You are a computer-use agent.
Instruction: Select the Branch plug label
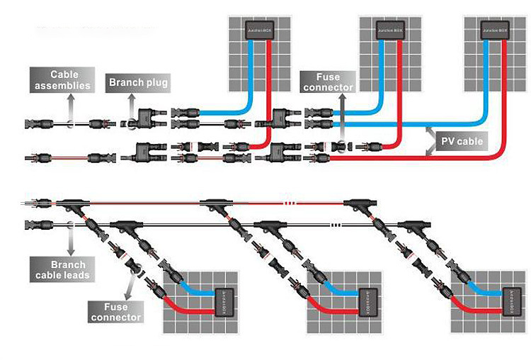(x=138, y=83)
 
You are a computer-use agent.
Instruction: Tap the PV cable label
(x=462, y=141)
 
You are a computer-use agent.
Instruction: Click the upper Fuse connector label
(x=328, y=82)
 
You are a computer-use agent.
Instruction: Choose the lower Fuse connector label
(x=116, y=312)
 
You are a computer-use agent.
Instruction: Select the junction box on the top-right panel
(x=494, y=30)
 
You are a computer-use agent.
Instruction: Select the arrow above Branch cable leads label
(x=71, y=238)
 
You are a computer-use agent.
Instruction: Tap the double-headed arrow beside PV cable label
(x=429, y=141)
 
